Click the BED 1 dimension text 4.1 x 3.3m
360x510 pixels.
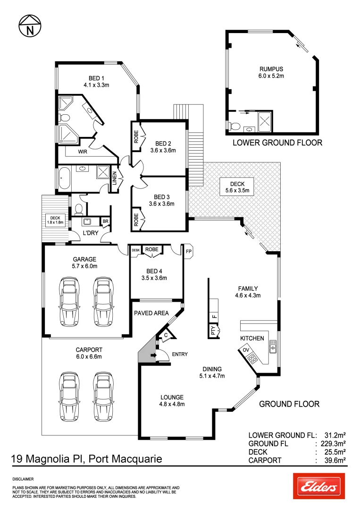pyautogui.click(x=96, y=85)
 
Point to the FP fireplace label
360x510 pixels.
pyautogui.click(x=188, y=252)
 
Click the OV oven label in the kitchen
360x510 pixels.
pyautogui.click(x=246, y=349)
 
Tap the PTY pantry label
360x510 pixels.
pyautogui.click(x=213, y=330)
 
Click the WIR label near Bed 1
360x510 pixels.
pyautogui.click(x=83, y=152)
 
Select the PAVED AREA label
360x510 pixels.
pyautogui.click(x=151, y=313)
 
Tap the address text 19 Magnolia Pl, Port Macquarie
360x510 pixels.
pyautogui.click(x=86, y=458)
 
